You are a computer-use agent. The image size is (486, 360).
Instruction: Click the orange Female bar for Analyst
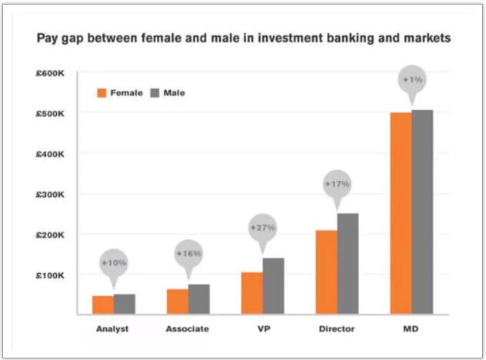[x=103, y=305]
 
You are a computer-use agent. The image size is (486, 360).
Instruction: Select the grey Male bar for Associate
[x=199, y=299]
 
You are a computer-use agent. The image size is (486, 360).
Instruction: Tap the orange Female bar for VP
[x=252, y=293]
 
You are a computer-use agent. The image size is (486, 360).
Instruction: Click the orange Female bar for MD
[x=401, y=214]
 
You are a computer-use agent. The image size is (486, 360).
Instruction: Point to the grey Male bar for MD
[x=422, y=212]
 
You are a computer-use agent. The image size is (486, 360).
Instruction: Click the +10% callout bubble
[x=113, y=263]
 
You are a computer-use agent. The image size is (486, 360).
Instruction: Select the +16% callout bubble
[x=188, y=254]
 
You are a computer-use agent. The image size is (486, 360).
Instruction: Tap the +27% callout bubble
[x=262, y=228]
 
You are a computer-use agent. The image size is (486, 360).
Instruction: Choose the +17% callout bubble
[x=337, y=185]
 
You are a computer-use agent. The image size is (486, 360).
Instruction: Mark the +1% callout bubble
[x=411, y=80]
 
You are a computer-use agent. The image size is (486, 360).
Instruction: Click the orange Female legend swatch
[x=101, y=92]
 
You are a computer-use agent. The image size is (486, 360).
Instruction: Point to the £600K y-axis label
[x=52, y=73]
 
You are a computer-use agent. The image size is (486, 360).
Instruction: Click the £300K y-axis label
[x=52, y=194]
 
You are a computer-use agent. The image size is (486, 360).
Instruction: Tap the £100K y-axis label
[x=52, y=275]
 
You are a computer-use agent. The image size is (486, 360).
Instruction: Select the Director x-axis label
[x=337, y=328]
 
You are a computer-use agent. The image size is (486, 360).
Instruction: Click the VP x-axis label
[x=262, y=328]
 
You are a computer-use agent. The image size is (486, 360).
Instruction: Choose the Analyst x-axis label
[x=113, y=328]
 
